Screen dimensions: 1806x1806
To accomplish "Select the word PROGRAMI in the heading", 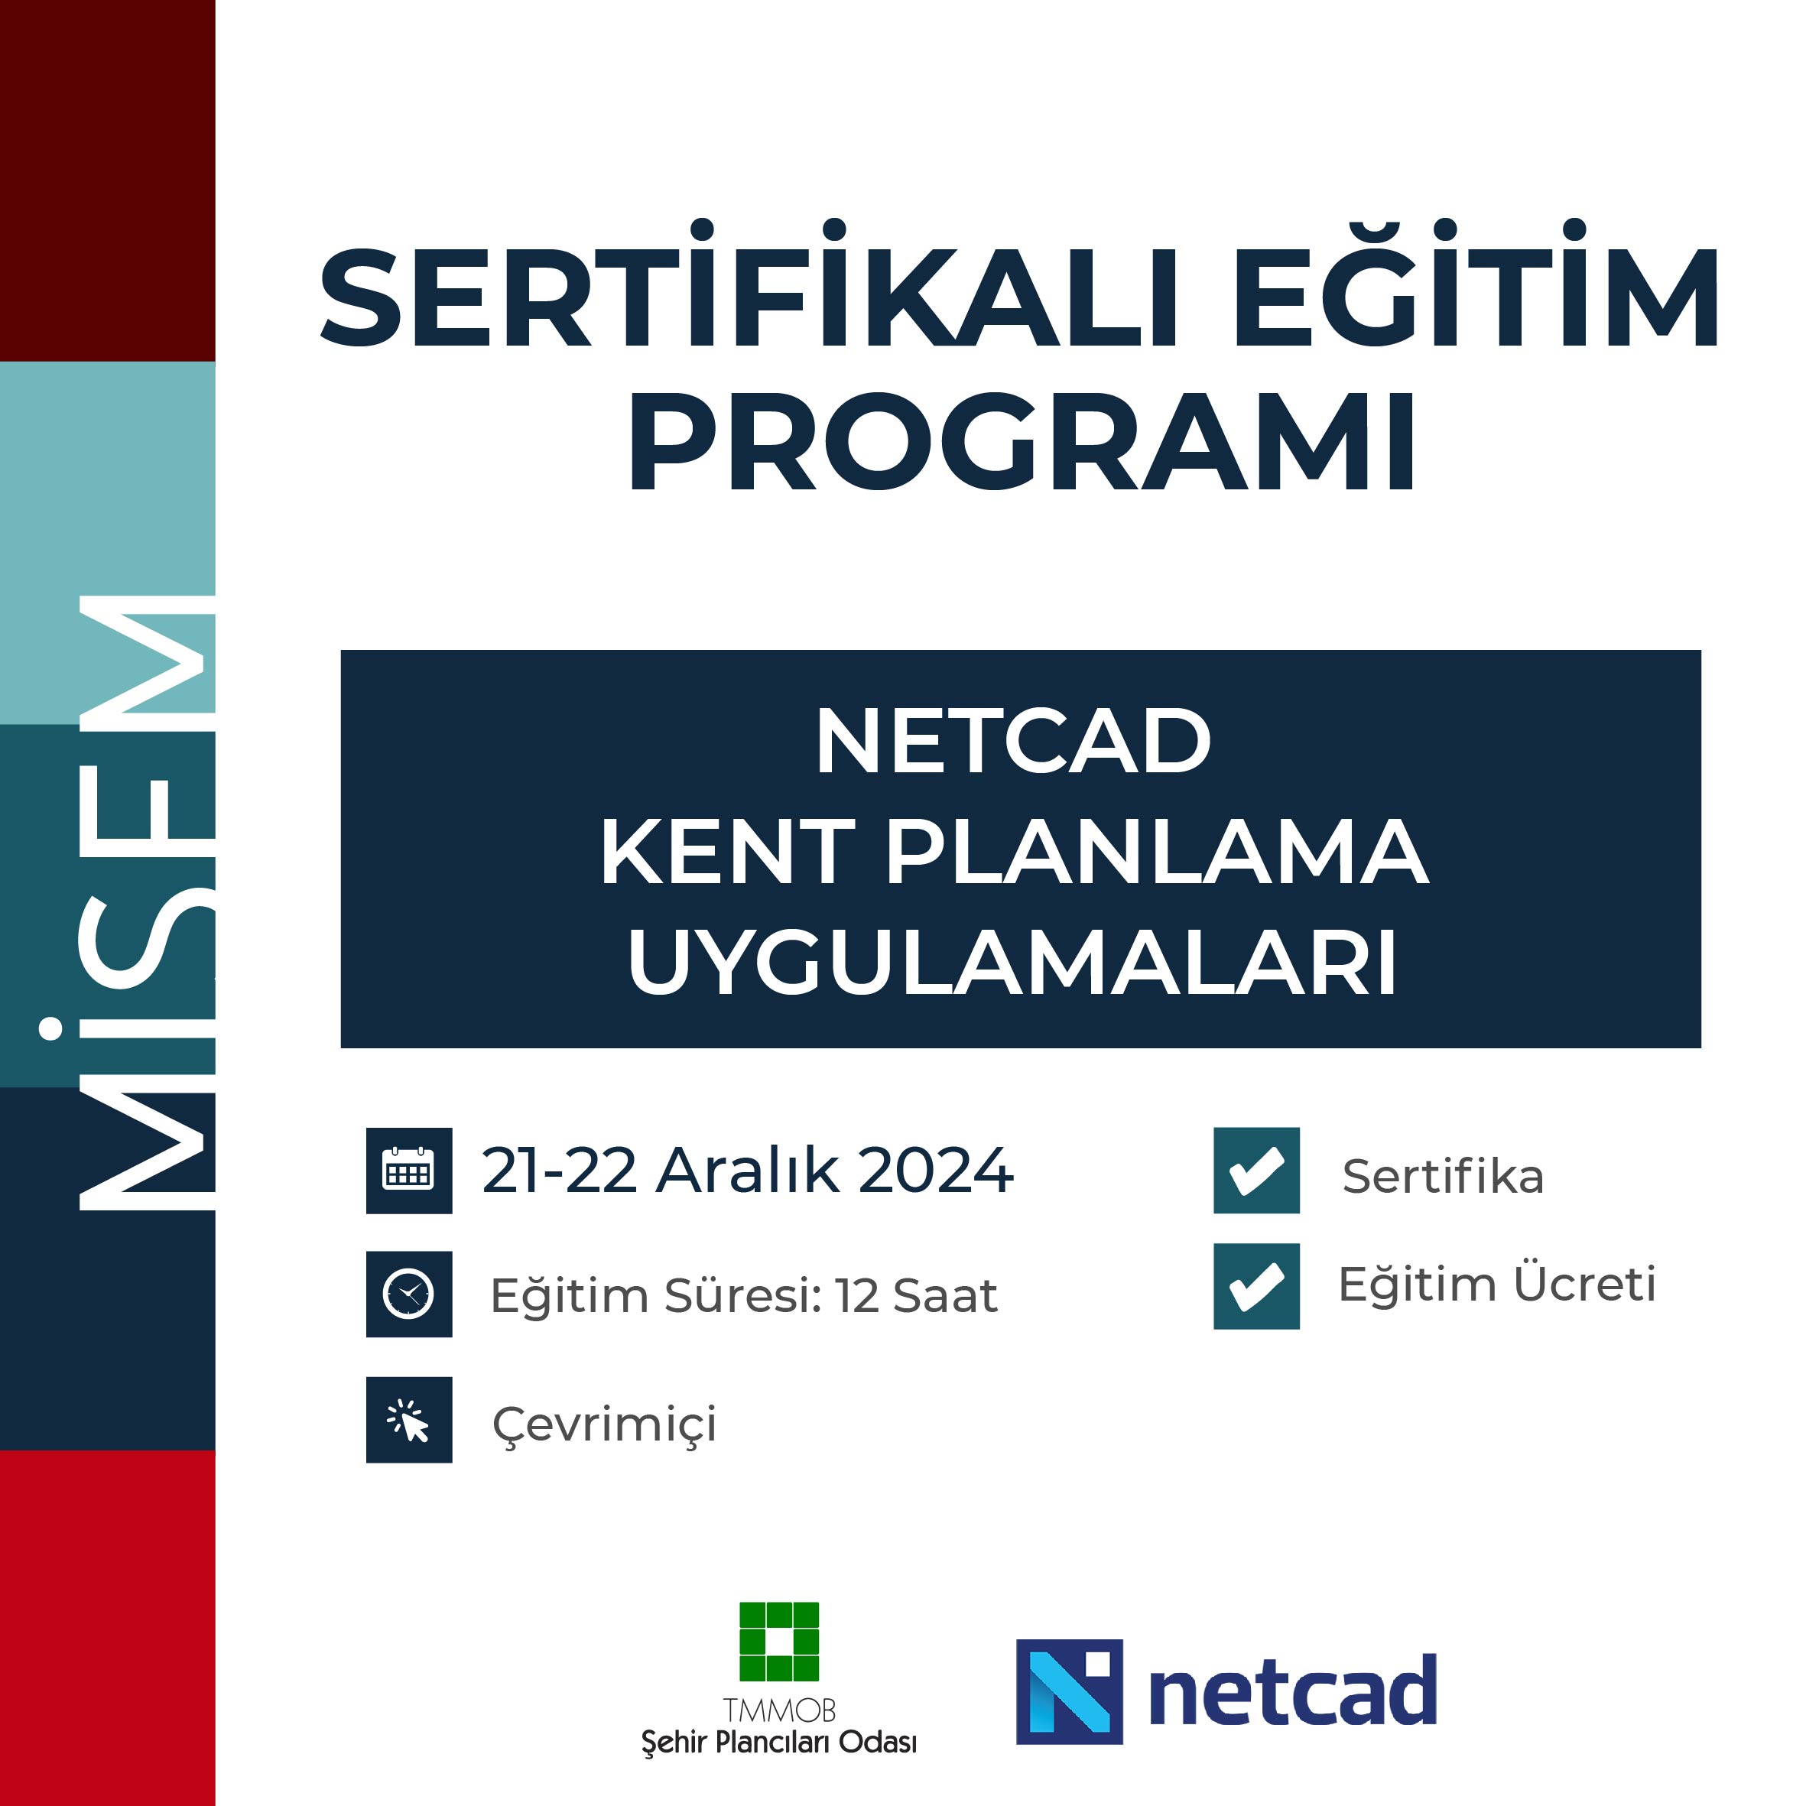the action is point(1022,440).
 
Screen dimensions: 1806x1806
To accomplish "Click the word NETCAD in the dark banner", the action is point(1013,741).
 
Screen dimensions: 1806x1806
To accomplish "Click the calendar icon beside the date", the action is point(408,1171).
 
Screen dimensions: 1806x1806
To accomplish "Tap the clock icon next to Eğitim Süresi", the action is point(408,1294).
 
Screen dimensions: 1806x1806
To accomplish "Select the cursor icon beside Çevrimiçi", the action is point(408,1420).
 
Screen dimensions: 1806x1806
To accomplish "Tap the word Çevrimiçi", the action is point(604,1424).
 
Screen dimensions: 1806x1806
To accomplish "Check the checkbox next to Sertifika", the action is point(1256,1171).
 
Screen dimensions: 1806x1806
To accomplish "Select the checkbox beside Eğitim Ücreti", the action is point(1256,1286).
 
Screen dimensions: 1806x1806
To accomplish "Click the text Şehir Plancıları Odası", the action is point(778,1743).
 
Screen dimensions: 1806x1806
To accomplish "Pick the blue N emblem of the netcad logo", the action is point(1070,1692).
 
